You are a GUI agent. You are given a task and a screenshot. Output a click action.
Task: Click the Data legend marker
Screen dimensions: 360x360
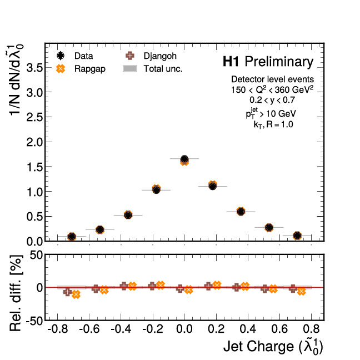[x=61, y=56]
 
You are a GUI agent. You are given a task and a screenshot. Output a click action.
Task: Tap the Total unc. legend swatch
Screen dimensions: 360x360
[x=130, y=69]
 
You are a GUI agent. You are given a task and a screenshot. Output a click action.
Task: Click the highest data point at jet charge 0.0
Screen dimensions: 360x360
[x=184, y=159]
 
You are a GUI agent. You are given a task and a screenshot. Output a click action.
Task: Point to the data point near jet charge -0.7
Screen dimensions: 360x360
[x=72, y=236]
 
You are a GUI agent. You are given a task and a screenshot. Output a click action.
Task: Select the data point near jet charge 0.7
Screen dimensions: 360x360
[x=297, y=236]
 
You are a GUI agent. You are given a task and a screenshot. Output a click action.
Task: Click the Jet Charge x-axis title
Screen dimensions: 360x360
[x=273, y=347]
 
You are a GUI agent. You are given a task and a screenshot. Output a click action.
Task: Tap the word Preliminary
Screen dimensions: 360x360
[x=279, y=61]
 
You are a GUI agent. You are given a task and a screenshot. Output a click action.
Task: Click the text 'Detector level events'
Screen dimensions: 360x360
[x=273, y=79]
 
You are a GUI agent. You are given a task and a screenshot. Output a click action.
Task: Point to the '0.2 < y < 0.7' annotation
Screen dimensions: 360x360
[x=272, y=100]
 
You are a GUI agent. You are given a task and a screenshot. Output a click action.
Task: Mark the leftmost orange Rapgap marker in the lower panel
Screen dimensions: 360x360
[x=76, y=294]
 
